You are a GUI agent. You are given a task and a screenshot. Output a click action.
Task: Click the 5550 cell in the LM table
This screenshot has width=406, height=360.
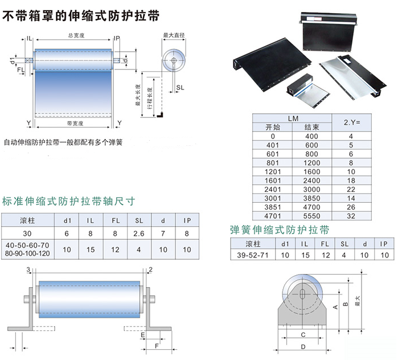pyautogui.click(x=311, y=216)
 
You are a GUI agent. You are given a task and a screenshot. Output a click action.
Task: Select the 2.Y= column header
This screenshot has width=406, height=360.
pyautogui.click(x=352, y=122)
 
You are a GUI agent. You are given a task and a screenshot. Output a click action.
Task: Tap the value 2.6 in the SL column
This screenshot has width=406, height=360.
pyautogui.click(x=139, y=234)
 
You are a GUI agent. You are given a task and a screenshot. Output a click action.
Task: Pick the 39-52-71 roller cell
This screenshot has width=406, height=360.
pyautogui.click(x=252, y=255)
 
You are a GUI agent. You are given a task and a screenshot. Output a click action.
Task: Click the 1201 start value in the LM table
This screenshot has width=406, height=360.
pyautogui.click(x=273, y=171)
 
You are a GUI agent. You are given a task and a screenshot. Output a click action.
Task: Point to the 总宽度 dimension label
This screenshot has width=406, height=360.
pyautogui.click(x=76, y=35)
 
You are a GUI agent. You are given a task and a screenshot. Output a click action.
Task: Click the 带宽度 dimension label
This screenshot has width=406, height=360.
pyautogui.click(x=75, y=124)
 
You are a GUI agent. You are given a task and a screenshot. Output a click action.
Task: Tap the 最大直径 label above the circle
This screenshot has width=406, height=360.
pyautogui.click(x=174, y=35)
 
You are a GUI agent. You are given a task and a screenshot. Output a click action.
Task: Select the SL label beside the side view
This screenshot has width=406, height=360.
pyautogui.click(x=180, y=88)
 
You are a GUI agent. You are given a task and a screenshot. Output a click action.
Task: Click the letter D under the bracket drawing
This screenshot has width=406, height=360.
pyautogui.click(x=303, y=347)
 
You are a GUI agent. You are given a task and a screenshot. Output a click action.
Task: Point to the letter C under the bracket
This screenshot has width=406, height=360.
pyautogui.click(x=303, y=335)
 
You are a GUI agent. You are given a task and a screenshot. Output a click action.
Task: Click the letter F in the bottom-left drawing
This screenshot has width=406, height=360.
pyautogui.click(x=157, y=346)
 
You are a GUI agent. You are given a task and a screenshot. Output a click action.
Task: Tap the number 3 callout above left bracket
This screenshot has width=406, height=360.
pyautogui.click(x=28, y=269)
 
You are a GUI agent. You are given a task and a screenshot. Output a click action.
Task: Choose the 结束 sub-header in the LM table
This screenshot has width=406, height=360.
pyautogui.click(x=311, y=127)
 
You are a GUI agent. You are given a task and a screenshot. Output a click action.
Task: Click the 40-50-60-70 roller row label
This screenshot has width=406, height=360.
pyautogui.click(x=27, y=245)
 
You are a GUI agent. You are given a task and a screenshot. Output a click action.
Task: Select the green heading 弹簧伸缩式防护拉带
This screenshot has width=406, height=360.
pyautogui.click(x=280, y=230)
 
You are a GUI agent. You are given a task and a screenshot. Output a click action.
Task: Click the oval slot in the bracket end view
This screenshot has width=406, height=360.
pyautogui.click(x=302, y=294)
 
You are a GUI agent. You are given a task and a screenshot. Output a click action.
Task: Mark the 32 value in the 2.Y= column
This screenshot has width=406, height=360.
pyautogui.click(x=351, y=216)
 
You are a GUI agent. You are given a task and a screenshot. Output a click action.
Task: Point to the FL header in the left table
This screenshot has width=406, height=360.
pyautogui.click(x=116, y=220)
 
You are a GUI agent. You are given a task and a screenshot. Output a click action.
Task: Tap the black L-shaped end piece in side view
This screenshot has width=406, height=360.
pyautogui.click(x=160, y=114)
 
